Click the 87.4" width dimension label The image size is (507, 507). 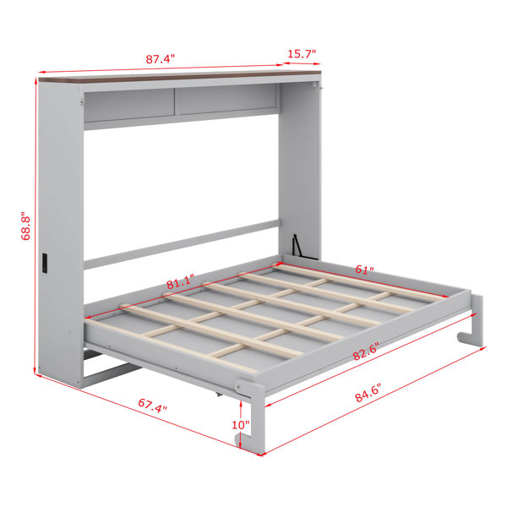click(160, 59)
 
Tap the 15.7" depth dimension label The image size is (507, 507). click(302, 54)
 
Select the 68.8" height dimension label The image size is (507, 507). click(25, 226)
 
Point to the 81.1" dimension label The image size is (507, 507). click(181, 281)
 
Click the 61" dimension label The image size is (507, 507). click(364, 270)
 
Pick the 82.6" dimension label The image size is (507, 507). click(366, 351)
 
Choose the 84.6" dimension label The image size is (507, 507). click(368, 393)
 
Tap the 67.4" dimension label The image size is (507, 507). click(153, 405)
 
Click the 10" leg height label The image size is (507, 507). click(241, 425)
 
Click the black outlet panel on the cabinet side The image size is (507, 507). click(45, 263)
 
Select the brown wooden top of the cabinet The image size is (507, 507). click(180, 76)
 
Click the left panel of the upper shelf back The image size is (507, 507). click(129, 105)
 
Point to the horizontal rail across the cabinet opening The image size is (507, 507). click(182, 244)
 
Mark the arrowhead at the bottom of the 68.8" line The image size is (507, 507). click(35, 371)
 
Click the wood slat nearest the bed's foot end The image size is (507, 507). click(172, 346)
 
